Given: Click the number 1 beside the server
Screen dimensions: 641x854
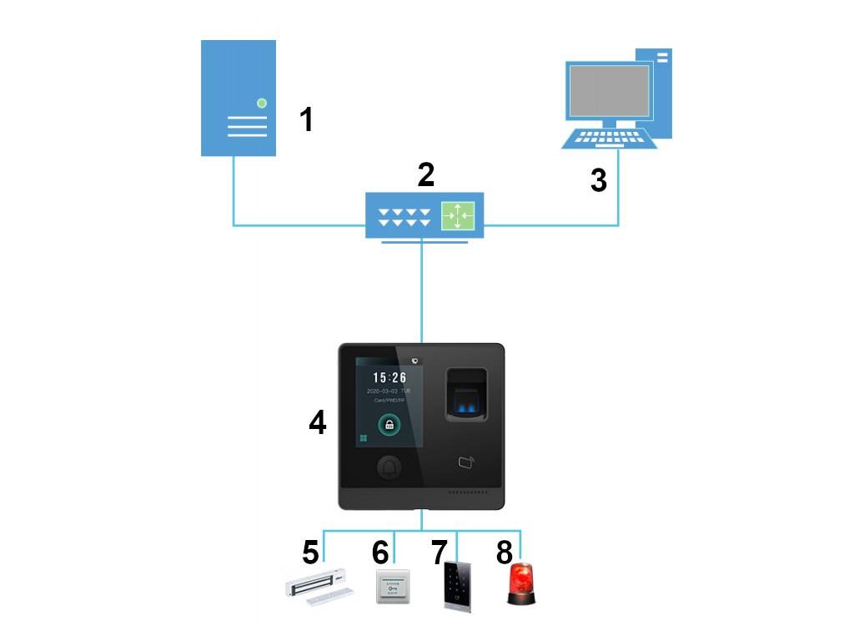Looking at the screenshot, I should tap(307, 119).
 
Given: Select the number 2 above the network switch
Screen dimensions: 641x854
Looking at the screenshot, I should tap(426, 174).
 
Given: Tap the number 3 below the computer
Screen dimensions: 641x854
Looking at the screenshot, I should tap(598, 180).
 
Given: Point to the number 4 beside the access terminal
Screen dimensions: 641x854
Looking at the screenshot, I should tap(318, 422).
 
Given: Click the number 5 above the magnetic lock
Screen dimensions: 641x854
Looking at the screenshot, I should tap(310, 552).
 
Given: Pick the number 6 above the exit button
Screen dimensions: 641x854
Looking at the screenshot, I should tap(380, 552).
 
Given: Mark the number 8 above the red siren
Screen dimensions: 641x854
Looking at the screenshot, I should tap(505, 552).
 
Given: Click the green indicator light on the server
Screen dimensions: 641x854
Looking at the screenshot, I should tap(262, 103).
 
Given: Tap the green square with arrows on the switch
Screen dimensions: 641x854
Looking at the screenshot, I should tap(457, 216).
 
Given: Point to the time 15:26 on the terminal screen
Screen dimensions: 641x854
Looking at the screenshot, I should tap(389, 378).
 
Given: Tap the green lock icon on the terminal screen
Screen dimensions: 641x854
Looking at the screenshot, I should tap(389, 425).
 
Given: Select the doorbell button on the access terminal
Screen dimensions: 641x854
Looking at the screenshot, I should tap(388, 468).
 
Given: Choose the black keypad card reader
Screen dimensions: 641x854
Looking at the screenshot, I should tap(458, 585).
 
